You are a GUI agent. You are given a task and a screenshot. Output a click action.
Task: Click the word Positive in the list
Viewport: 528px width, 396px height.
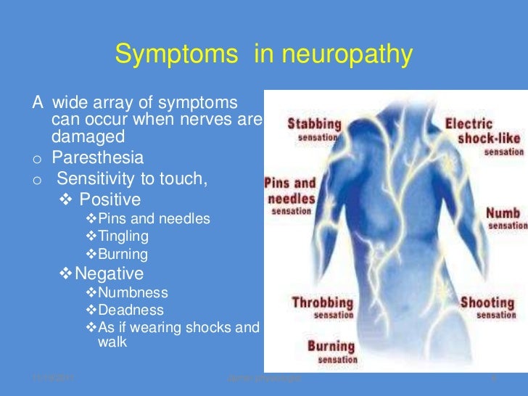coord(110,199)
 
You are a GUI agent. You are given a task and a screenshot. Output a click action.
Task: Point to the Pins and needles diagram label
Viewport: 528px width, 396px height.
coord(290,190)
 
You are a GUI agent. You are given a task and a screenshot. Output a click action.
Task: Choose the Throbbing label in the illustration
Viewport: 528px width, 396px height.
coord(322,302)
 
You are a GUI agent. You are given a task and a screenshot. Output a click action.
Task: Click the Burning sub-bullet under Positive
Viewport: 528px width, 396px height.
coord(123,255)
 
